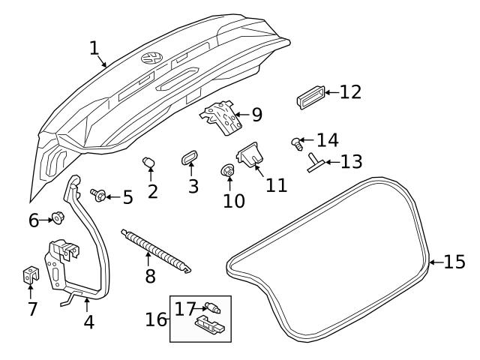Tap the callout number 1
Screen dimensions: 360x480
tap(94, 48)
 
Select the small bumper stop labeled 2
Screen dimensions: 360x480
tap(148, 163)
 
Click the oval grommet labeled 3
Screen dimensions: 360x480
tap(188, 158)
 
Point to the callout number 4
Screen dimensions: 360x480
tap(88, 323)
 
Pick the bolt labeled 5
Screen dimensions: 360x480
tap(97, 195)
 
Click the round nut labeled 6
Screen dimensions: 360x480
tap(56, 218)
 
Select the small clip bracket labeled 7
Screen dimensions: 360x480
tap(29, 275)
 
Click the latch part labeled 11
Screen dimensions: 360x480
tap(249, 155)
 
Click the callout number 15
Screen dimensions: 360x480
tap(454, 262)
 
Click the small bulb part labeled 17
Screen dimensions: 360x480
tap(215, 307)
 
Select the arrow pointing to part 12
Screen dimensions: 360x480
tap(331, 92)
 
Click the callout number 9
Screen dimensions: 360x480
tap(256, 115)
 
